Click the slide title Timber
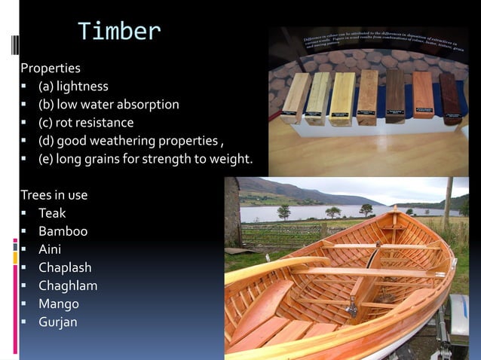119,31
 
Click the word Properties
51,68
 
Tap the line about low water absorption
109,104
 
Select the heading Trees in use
54,195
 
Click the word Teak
52,213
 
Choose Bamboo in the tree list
63,231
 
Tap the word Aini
50,249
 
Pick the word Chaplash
65,267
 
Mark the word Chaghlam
68,285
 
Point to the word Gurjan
58,322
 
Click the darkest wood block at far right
450,98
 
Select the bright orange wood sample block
423,96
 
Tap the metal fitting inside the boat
351,308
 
